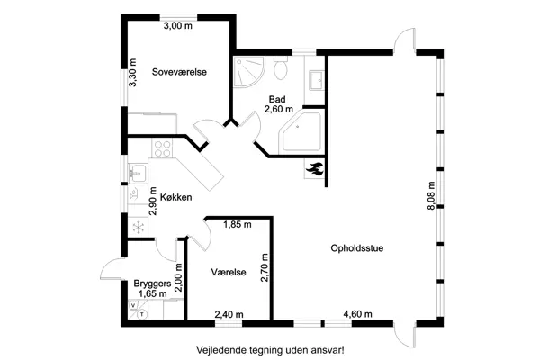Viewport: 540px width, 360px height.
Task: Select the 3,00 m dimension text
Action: (x=177, y=26)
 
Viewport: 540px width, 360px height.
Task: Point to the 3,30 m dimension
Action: (x=133, y=71)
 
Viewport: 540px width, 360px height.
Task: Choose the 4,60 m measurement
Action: (x=357, y=314)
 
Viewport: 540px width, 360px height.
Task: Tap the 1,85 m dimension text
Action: (x=238, y=224)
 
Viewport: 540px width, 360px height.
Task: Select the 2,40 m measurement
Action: (x=228, y=314)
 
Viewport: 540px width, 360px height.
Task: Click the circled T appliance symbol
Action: (x=144, y=315)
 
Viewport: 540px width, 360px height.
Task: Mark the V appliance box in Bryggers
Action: (x=133, y=306)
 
